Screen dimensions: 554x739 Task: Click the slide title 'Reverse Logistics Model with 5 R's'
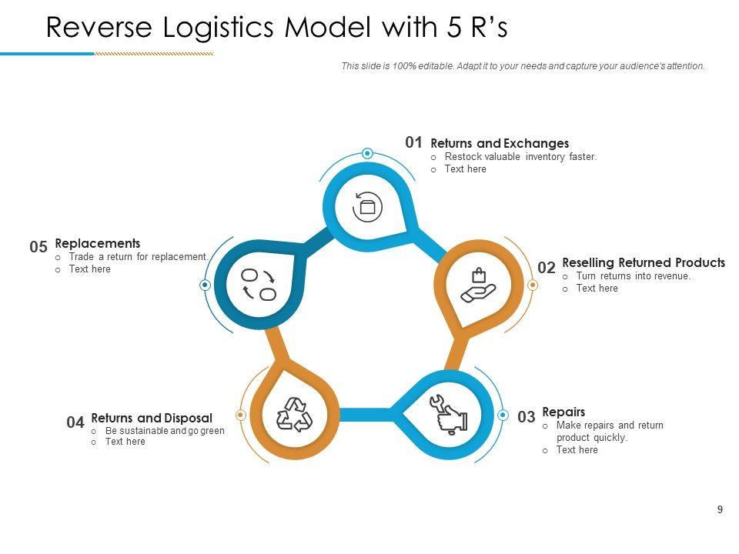(277, 27)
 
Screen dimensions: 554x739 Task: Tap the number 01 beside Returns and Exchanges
(414, 142)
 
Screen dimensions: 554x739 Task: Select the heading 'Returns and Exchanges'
(500, 143)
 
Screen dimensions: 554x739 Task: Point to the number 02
(547, 268)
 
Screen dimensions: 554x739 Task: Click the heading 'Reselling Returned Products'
(644, 262)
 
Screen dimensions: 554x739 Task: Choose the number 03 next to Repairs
(526, 417)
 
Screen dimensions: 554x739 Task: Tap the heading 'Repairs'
(563, 412)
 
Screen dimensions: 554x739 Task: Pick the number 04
(75, 422)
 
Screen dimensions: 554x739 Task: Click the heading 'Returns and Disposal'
(152, 419)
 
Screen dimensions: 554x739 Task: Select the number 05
(38, 247)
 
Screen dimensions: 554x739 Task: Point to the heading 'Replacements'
(98, 243)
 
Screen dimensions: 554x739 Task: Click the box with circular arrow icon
(367, 206)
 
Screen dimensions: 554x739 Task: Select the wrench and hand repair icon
(448, 415)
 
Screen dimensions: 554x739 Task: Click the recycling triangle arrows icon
(295, 415)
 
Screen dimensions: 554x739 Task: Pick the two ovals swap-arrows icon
(259, 284)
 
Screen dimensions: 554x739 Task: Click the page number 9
(720, 509)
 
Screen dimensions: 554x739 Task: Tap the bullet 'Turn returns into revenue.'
(634, 276)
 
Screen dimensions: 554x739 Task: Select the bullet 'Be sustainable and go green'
(165, 431)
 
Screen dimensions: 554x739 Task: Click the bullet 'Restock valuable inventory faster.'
(520, 157)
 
